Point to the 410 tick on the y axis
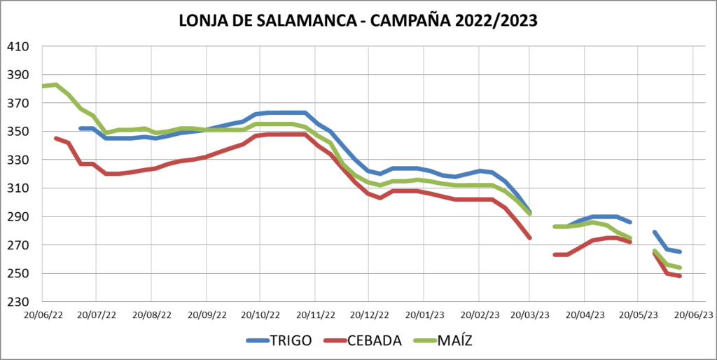click(x=18, y=47)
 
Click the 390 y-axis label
click(x=18, y=75)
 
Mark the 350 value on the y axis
click(x=18, y=132)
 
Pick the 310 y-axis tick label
click(x=18, y=188)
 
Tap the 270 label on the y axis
click(x=18, y=245)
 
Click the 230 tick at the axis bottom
click(x=18, y=302)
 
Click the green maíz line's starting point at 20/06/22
click(x=43, y=86)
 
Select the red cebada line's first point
click(x=56, y=139)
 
